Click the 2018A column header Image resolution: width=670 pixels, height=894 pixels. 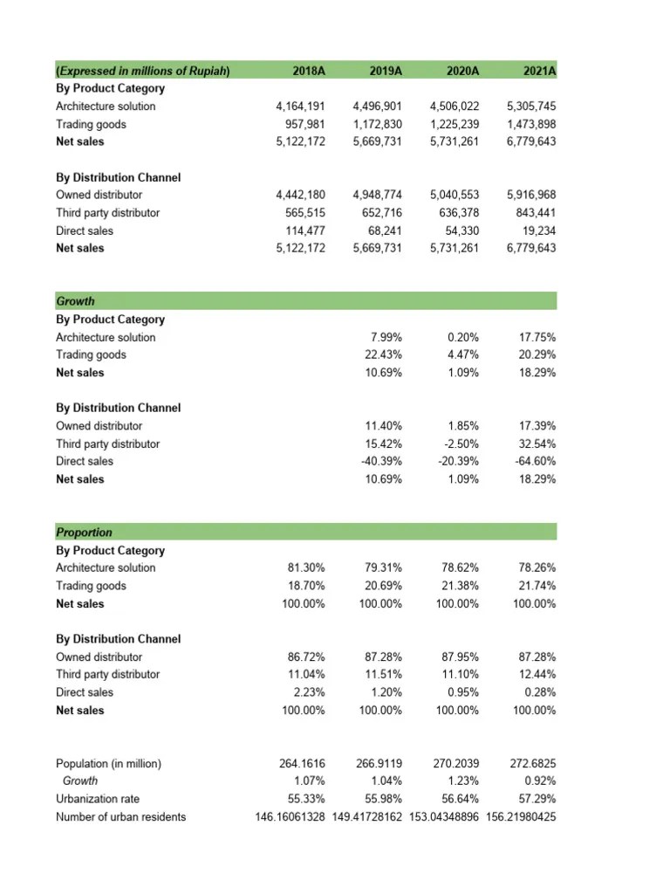310,71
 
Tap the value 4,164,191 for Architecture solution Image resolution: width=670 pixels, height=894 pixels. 300,107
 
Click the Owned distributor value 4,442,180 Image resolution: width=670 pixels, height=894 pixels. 300,195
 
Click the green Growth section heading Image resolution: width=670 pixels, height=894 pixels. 75,301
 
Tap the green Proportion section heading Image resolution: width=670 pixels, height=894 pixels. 84,532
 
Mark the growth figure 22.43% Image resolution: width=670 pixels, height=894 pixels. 384,354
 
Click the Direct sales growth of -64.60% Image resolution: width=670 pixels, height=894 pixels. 536,461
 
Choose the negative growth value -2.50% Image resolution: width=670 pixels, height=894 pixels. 461,444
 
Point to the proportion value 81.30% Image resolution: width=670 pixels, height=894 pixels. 306,567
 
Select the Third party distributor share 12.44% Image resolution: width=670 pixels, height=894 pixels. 538,674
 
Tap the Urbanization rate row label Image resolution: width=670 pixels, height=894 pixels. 97,799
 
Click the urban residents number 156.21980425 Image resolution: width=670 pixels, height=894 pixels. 520,817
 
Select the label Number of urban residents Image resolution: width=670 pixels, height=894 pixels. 120,817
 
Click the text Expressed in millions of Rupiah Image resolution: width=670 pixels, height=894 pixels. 143,71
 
